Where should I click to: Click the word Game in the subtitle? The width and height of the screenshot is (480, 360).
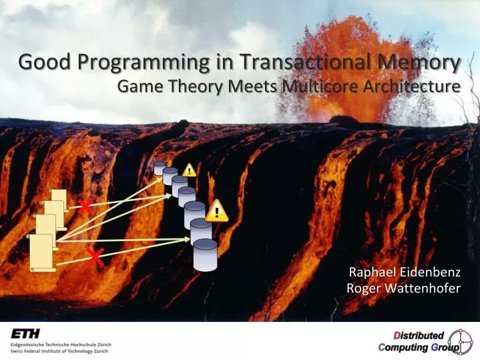coord(138,87)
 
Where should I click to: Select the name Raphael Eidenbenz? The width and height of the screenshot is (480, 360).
coord(405,272)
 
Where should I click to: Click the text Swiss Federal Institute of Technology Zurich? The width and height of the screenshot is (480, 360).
coord(60,350)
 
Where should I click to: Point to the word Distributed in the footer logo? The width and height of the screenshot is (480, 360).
coord(418,335)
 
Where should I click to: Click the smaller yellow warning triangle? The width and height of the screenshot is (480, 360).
coord(190,170)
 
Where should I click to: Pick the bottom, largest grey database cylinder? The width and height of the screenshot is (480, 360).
coord(206,254)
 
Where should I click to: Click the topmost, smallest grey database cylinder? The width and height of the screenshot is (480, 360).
coord(160,168)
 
